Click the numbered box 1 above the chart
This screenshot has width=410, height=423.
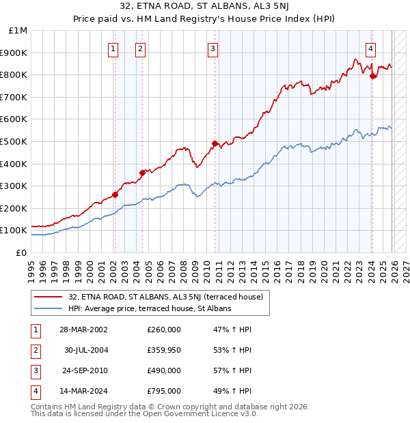(113, 48)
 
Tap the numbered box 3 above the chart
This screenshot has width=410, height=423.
(213, 48)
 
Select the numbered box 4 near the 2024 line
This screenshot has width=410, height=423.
(370, 48)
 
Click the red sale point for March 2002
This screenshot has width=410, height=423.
(115, 194)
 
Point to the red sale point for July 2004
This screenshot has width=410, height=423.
(143, 173)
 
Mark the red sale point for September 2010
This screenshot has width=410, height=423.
(215, 143)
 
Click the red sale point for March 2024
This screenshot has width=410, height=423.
(372, 76)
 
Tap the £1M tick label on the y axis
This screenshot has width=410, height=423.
(18, 31)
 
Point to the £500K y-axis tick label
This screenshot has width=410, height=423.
(14, 141)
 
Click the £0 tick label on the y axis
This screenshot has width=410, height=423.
(22, 252)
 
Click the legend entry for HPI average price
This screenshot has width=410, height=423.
(150, 308)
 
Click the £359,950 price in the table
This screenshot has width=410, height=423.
(164, 350)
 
